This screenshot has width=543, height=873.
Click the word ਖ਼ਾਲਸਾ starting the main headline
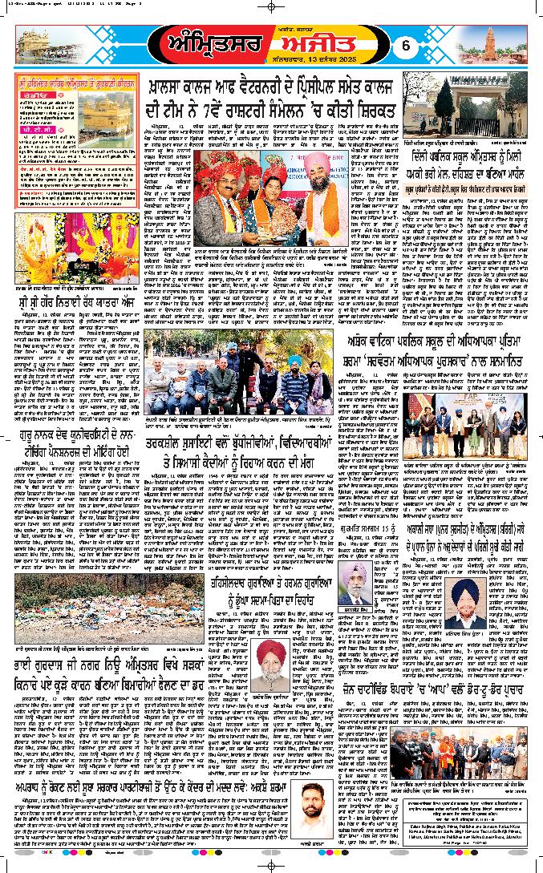tap(178, 86)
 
